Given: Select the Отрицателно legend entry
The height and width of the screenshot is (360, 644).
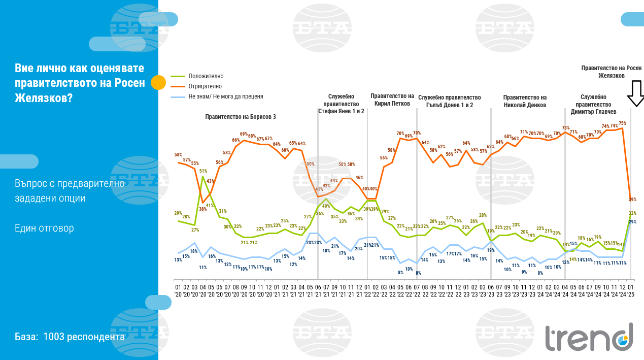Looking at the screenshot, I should click(x=205, y=86).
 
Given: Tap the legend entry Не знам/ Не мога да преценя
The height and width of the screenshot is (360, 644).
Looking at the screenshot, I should click(x=225, y=96).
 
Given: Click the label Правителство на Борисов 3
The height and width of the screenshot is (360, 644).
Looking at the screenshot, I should click(x=241, y=117).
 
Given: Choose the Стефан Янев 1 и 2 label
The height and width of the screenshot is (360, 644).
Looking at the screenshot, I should click(x=341, y=111).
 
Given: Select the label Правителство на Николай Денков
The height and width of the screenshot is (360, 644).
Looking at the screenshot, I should click(x=525, y=101).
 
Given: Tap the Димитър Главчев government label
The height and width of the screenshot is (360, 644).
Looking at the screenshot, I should click(x=593, y=104).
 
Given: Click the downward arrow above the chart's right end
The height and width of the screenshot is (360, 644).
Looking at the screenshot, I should click(x=635, y=94).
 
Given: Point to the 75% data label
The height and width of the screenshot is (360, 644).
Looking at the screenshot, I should click(x=622, y=123).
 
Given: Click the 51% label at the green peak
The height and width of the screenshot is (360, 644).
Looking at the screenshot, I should click(x=203, y=171).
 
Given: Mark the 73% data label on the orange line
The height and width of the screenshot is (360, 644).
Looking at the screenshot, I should click(x=566, y=128).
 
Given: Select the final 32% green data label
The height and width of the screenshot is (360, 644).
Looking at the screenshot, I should click(x=632, y=213).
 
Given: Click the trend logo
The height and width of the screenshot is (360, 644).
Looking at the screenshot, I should click(x=589, y=337).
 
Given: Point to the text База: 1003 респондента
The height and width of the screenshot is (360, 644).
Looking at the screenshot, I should click(x=70, y=337).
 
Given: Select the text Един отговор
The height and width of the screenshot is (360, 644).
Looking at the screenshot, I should click(x=44, y=228).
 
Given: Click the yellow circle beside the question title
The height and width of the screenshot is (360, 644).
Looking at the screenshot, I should click(x=159, y=82).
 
